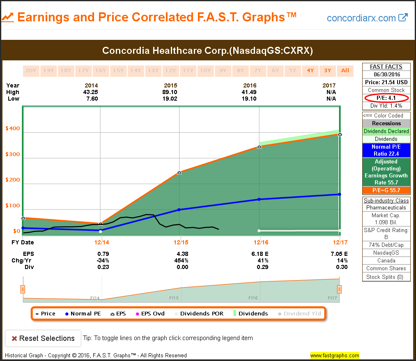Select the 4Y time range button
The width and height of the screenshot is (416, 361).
(x=310, y=70)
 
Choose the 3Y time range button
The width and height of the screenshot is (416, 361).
(x=327, y=70)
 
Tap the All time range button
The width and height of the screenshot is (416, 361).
(x=345, y=70)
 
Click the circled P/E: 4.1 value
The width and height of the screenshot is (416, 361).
(x=386, y=98)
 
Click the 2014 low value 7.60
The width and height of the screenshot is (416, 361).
(x=91, y=99)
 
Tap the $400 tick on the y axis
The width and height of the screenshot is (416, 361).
(x=12, y=129)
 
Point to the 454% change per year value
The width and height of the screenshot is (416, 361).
(x=181, y=260)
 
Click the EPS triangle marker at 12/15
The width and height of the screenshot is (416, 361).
(x=179, y=172)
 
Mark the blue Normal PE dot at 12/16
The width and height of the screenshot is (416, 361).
(x=259, y=199)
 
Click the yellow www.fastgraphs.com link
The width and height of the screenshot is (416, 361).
(x=335, y=355)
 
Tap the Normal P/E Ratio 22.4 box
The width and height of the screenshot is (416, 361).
(x=386, y=150)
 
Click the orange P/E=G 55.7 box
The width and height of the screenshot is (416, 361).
(x=386, y=190)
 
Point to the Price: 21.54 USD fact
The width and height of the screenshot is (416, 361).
(x=386, y=82)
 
